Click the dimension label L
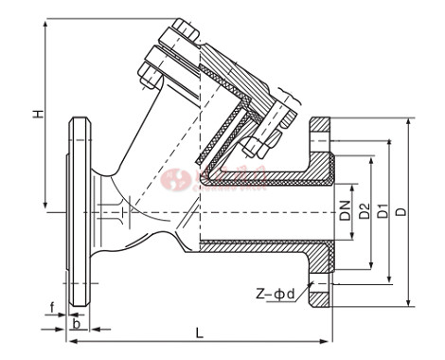200,333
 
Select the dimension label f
54,305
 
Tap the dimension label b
76,322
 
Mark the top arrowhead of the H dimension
44,21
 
